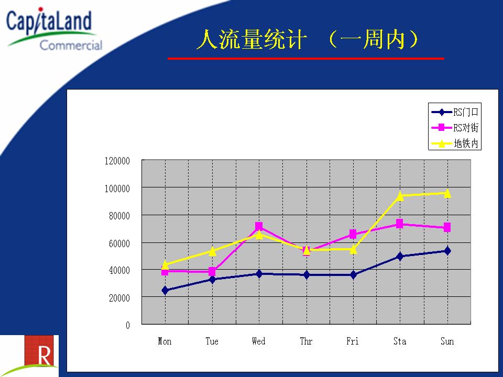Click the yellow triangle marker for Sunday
tap(447, 193)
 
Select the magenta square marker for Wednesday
tap(259, 226)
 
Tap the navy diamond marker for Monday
tap(165, 290)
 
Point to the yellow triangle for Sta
tap(400, 196)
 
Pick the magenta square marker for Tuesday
tap(212, 272)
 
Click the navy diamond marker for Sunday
tap(447, 251)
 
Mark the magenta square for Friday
tap(353, 234)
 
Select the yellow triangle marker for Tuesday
tap(212, 251)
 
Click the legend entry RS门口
tap(455, 112)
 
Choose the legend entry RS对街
tap(455, 128)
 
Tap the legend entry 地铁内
tap(455, 143)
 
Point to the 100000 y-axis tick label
tap(117, 188)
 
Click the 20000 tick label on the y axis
tap(119, 298)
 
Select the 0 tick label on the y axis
tap(128, 325)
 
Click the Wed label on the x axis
tap(258, 341)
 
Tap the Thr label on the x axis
tap(306, 341)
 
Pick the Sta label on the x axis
tap(400, 341)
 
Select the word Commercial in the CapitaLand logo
tap(71, 45)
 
